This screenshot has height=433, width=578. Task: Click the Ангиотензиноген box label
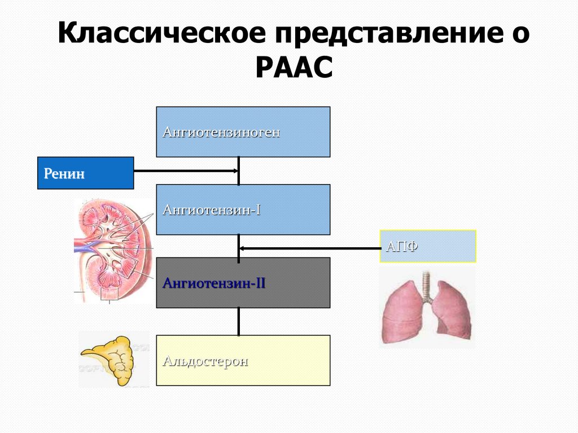(221, 133)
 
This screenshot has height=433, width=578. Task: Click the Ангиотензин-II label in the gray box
(214, 283)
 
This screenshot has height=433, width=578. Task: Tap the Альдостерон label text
(205, 361)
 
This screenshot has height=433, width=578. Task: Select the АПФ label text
(402, 247)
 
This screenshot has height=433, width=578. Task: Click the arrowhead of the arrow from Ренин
(235, 170)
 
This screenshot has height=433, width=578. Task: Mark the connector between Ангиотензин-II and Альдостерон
(239, 321)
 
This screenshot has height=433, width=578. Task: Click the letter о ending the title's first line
(518, 36)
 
